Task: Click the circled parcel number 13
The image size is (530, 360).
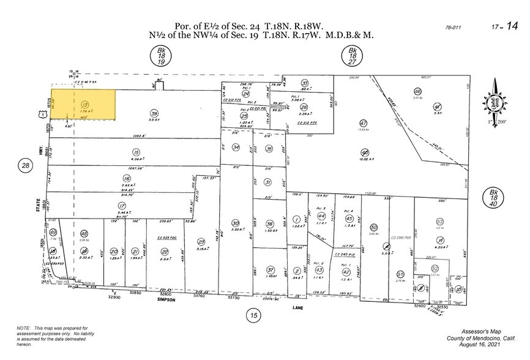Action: [x=84, y=105]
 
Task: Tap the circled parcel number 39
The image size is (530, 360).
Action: [x=154, y=114]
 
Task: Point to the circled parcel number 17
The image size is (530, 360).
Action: [x=122, y=206]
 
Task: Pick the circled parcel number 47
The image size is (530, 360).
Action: [x=363, y=123]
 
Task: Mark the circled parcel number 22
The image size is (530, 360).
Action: [x=164, y=251]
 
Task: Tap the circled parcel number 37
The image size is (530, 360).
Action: [x=270, y=270]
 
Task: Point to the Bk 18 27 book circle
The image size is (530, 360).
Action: [x=353, y=56]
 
